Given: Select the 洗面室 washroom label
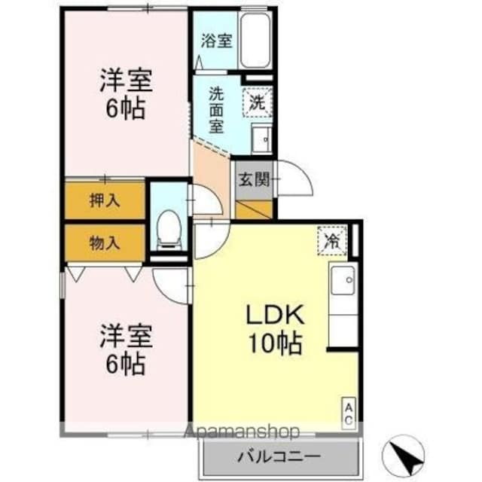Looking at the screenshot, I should pyautogui.click(x=217, y=110).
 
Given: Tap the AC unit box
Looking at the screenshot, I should pyautogui.click(x=349, y=412).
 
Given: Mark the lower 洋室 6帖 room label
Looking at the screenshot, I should pyautogui.click(x=126, y=349).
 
